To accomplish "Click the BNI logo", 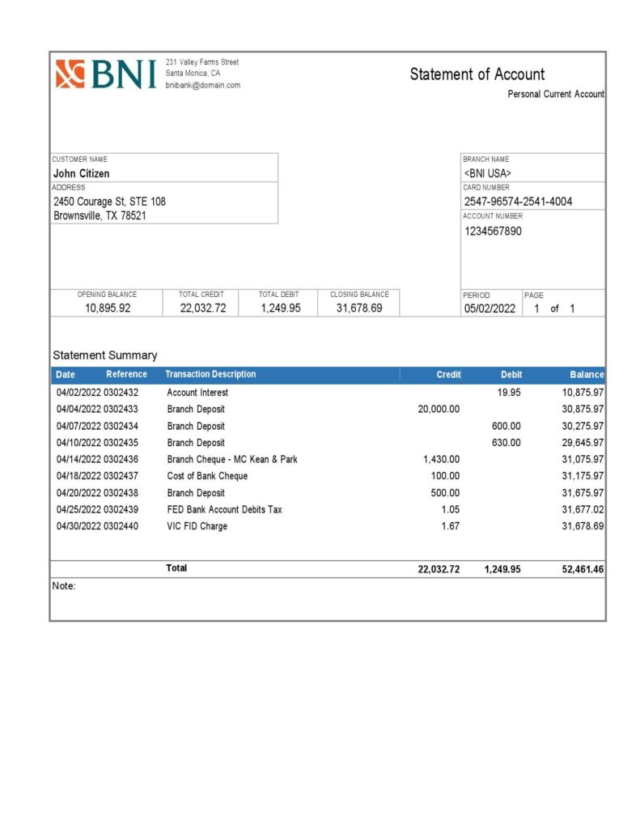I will (105, 74).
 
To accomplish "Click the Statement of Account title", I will (477, 74).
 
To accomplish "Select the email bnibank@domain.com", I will (202, 85).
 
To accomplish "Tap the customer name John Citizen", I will (81, 173).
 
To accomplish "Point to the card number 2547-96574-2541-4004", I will (518, 202).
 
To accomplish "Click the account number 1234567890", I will (493, 231).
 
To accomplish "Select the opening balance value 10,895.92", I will (107, 308).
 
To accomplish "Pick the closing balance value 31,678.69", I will (359, 308).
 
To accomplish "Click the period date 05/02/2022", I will (489, 308).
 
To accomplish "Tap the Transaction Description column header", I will (210, 374).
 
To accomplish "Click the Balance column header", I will (587, 375).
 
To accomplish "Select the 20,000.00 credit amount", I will (439, 409).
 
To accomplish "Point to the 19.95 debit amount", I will (509, 393).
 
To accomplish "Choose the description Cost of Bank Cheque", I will (207, 476).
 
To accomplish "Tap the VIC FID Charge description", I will (197, 526).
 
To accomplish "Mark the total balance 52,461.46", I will (583, 570).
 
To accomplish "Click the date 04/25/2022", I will (78, 509).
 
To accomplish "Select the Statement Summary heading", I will (105, 355).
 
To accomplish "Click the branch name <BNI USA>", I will (487, 173).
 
